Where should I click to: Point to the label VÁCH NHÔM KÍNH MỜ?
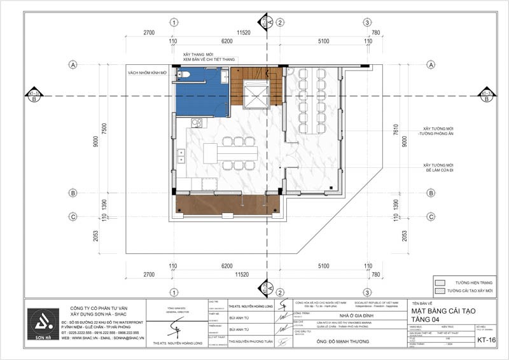click(147, 73)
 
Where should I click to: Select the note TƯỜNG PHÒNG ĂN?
click(437, 134)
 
